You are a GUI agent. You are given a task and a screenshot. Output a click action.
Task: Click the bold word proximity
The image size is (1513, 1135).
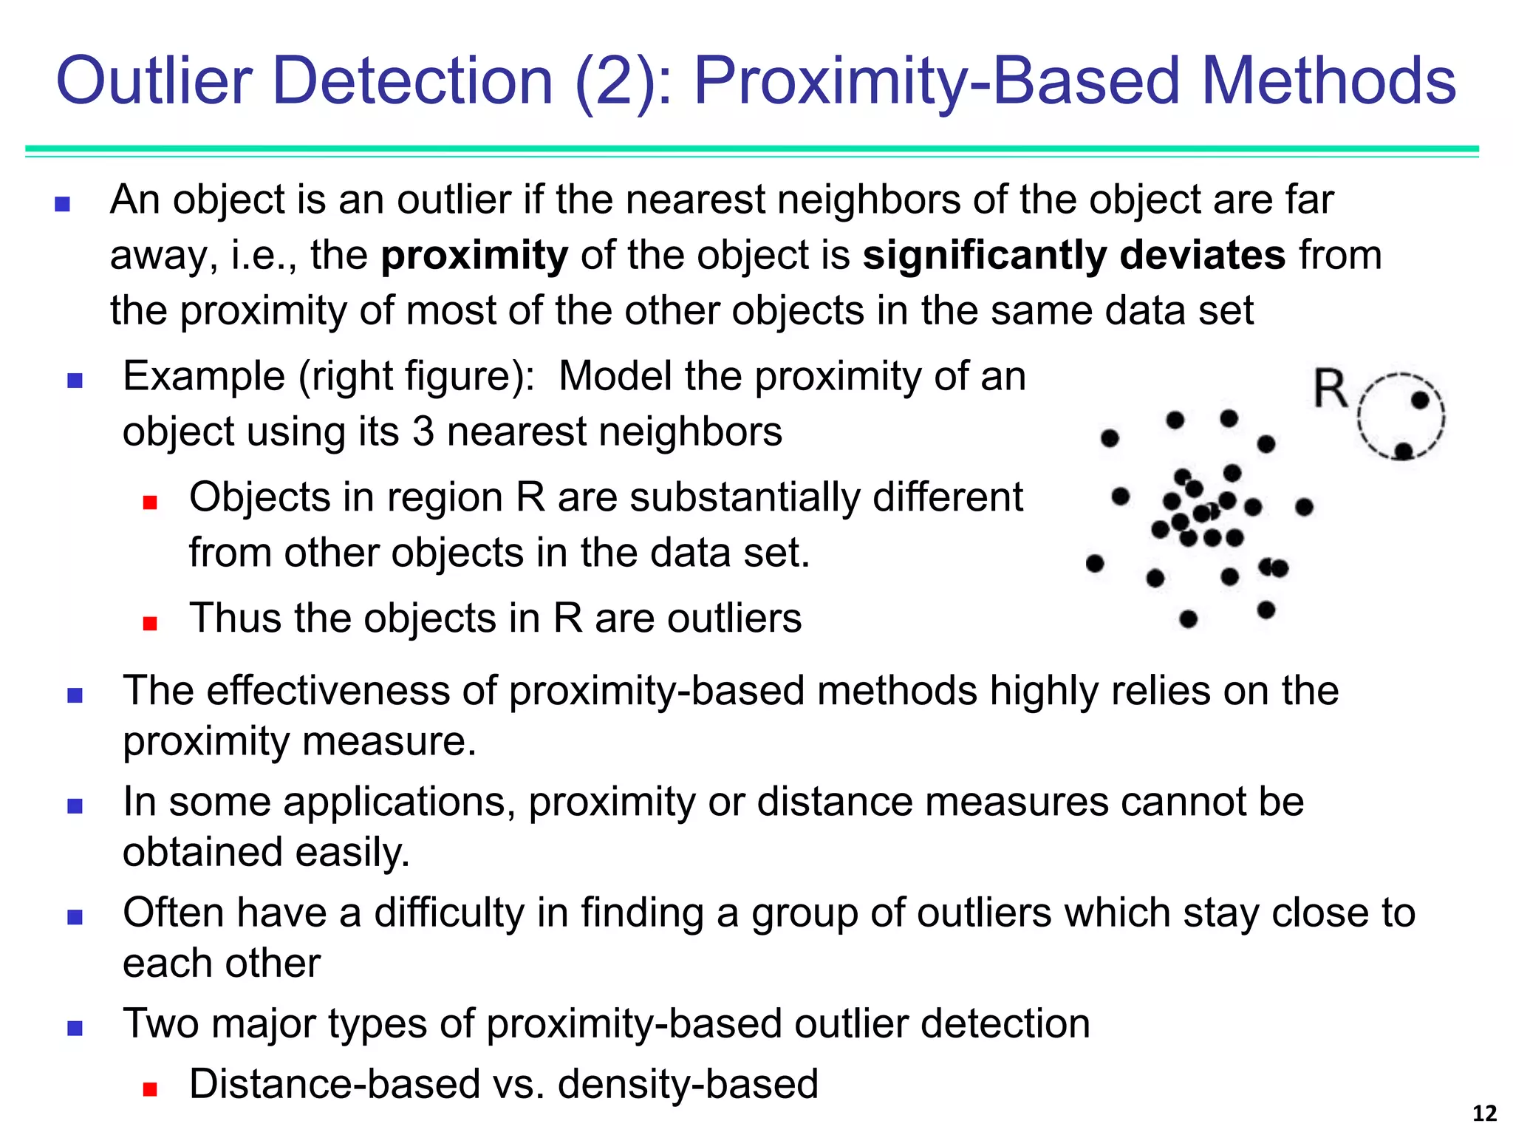[x=474, y=256]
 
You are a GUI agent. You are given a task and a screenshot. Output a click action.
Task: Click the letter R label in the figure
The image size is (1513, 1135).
[x=1331, y=389]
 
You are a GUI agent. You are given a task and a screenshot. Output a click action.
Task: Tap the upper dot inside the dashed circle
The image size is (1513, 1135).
[x=1420, y=401]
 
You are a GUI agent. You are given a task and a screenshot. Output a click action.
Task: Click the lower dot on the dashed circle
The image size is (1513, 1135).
[x=1404, y=451]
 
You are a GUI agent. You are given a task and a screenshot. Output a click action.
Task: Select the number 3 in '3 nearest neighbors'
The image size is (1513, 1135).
[x=423, y=432]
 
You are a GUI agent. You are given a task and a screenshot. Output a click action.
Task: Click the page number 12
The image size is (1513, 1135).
[x=1484, y=1114]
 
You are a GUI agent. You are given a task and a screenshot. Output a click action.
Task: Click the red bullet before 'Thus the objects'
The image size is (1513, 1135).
[x=151, y=623]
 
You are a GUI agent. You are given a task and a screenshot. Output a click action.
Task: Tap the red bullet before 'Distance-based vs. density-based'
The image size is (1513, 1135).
[x=151, y=1088]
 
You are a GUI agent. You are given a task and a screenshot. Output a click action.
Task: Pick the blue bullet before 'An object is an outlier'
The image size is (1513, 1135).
[x=63, y=204]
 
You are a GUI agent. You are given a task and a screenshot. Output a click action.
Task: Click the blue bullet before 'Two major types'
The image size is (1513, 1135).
[x=75, y=1028]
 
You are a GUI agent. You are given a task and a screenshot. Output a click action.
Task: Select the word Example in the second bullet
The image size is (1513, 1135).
[x=204, y=377]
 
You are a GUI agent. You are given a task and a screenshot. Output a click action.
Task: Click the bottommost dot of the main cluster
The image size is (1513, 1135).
[x=1189, y=619]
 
